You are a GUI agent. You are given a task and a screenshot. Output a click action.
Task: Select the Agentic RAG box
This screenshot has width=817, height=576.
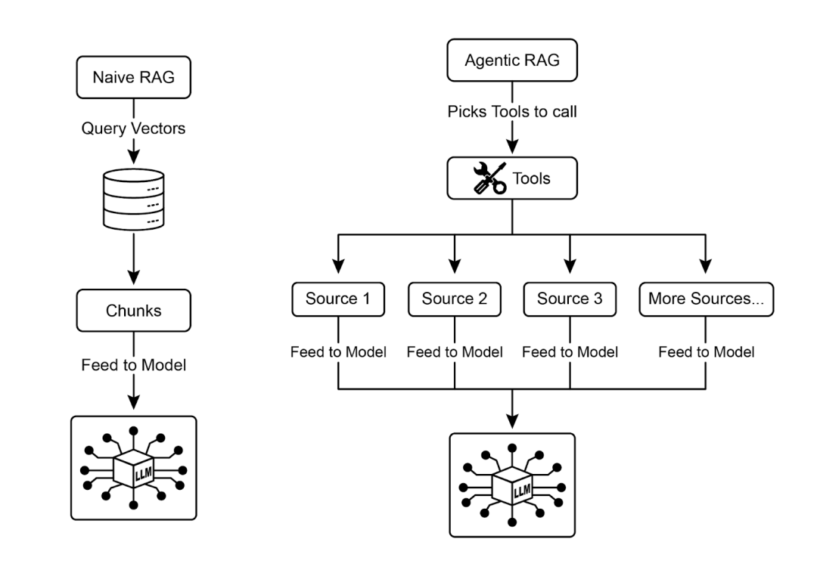coord(513,60)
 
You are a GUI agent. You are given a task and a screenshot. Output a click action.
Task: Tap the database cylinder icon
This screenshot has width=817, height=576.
coord(133,200)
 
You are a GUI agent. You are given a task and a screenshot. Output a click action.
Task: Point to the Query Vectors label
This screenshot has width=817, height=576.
coord(133,129)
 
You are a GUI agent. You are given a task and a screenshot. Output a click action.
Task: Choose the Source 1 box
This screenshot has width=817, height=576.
coord(338,298)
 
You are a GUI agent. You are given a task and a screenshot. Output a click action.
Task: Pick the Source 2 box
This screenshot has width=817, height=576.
coord(455,298)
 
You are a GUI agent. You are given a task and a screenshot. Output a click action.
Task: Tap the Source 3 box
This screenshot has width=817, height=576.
coord(570,298)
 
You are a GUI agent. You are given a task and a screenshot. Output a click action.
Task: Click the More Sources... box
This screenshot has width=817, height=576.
coord(706,298)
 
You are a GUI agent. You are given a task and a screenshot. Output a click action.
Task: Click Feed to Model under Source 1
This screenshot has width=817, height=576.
coord(338,351)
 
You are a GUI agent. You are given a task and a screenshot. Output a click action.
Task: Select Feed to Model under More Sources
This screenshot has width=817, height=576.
coord(706,351)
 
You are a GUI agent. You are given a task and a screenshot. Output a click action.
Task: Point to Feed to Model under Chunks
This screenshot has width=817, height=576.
coord(133,364)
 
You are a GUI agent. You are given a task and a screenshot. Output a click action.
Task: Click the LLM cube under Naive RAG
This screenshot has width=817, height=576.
coord(133,468)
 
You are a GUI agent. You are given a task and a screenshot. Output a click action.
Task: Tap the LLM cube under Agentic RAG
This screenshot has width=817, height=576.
coord(513,485)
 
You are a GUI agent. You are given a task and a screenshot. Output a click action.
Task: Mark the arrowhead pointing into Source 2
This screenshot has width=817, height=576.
coord(455,266)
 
